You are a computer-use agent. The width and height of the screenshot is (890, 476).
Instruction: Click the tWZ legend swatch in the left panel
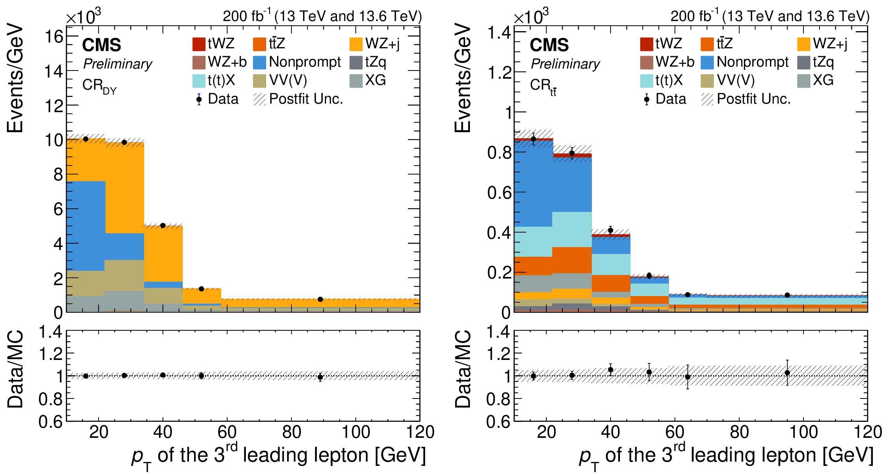(x=199, y=44)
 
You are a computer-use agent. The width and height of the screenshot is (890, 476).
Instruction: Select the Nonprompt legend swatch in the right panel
(x=707, y=62)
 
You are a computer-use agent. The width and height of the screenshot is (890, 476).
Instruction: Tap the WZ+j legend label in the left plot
(x=382, y=44)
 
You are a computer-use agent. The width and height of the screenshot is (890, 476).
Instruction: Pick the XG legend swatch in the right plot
(x=803, y=81)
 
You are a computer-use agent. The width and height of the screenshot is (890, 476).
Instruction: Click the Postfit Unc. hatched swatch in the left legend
(x=260, y=99)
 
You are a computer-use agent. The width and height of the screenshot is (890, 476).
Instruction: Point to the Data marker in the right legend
(x=647, y=99)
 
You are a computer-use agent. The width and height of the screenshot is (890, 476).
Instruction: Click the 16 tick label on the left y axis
(x=54, y=37)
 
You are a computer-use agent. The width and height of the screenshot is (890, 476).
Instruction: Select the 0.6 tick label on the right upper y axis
(x=499, y=192)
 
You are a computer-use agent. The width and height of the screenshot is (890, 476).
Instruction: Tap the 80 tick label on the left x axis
(x=291, y=432)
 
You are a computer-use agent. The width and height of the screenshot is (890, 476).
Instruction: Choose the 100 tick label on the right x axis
(x=803, y=432)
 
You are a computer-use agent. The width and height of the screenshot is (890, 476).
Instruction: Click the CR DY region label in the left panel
(x=99, y=86)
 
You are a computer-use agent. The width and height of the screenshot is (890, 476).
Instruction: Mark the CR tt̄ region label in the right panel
(x=543, y=86)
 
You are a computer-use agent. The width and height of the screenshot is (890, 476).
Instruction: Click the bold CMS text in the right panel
(x=549, y=45)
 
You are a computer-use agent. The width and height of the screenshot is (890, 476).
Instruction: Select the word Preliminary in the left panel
(x=118, y=64)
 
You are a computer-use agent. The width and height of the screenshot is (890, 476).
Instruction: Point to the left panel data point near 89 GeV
(x=320, y=299)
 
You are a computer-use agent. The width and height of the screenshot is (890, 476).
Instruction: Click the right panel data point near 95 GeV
(x=787, y=295)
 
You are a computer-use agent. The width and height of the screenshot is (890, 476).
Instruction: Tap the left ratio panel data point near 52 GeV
(x=201, y=376)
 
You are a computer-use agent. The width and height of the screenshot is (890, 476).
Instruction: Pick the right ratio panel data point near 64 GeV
(x=688, y=377)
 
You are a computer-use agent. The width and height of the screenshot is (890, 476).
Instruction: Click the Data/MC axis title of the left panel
(x=16, y=369)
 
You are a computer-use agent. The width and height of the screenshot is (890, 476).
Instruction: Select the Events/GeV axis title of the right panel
(x=463, y=78)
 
